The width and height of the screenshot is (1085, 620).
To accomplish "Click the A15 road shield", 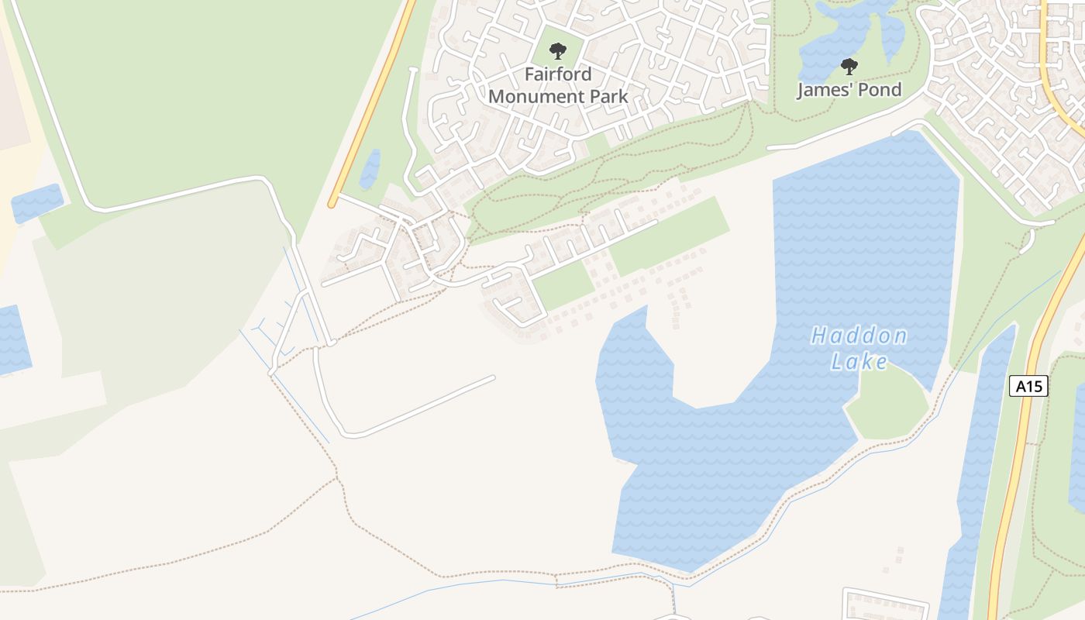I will (x=1028, y=386).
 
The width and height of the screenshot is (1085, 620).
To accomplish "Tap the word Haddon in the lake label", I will (x=859, y=336).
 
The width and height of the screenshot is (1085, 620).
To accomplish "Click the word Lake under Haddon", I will (x=859, y=361).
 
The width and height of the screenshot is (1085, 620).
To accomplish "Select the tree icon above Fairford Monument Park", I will (x=557, y=52).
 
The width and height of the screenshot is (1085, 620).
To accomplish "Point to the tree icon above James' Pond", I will (x=849, y=67).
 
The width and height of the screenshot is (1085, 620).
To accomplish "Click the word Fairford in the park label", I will (x=558, y=74).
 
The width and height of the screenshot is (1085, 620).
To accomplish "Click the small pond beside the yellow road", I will (x=370, y=169).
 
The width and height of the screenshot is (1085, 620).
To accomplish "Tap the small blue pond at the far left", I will (x=37, y=202).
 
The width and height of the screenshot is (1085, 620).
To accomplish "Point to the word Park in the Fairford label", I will (x=609, y=97).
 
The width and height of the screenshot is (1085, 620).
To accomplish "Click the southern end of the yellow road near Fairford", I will (x=333, y=204).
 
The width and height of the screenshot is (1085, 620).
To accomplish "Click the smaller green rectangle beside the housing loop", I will (x=563, y=284).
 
